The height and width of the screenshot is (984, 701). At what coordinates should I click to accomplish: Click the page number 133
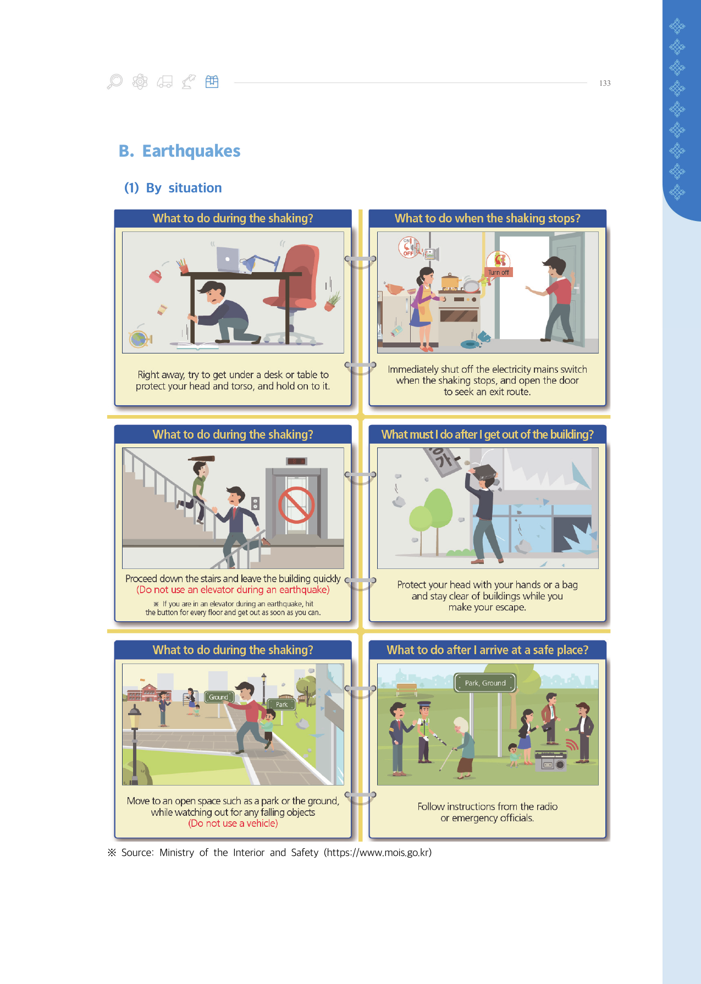click(x=605, y=83)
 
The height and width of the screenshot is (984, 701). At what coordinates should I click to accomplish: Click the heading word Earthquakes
click(x=191, y=151)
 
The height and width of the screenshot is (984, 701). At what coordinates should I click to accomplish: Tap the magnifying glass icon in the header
click(x=114, y=82)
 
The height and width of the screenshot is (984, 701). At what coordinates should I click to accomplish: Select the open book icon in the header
click(x=212, y=82)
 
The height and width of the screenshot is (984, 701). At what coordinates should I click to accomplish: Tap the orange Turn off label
click(x=499, y=272)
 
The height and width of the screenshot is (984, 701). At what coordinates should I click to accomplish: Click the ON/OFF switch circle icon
click(x=409, y=247)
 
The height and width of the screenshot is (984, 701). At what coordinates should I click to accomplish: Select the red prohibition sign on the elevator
click(x=296, y=505)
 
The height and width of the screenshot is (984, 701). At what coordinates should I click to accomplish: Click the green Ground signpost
click(x=218, y=697)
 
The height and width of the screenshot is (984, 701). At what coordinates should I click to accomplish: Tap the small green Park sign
click(x=281, y=704)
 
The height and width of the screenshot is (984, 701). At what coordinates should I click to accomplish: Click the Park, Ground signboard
click(x=485, y=683)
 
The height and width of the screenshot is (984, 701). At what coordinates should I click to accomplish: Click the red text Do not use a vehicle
click(x=233, y=823)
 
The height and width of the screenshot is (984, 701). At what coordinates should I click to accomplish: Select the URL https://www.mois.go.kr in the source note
click(x=378, y=853)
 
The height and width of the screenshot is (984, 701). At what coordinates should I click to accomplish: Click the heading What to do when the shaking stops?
click(x=488, y=218)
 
